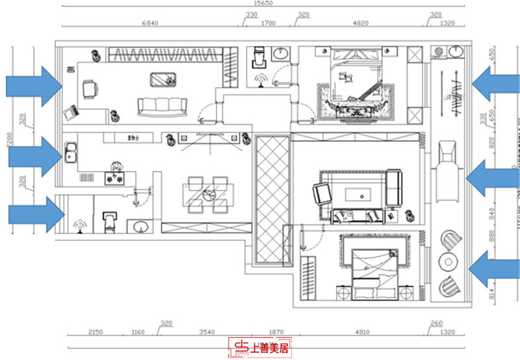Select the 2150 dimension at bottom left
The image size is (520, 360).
pos(96,331)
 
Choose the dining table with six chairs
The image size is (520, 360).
pos(208,193)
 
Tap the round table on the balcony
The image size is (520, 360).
pos(448,261)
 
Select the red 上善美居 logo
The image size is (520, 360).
pos(260,348)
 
